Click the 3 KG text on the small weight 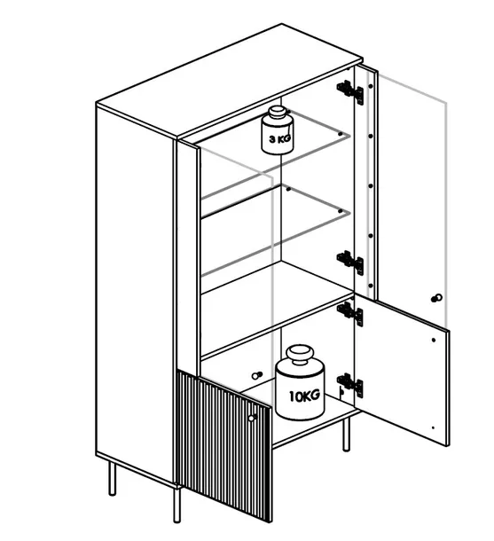279,139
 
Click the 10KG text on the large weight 304,396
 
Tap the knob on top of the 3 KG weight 278,112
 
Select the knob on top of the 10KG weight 300,354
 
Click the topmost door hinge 350,91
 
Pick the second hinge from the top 350,263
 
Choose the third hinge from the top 350,314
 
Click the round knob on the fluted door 252,419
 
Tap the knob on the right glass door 436,298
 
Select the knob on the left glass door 256,375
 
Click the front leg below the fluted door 177,505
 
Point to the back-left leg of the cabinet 112,479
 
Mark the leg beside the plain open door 346,435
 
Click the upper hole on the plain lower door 434,341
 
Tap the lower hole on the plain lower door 434,427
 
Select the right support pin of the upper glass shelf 341,134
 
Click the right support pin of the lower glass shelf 341,211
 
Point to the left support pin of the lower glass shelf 288,189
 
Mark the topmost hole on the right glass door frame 371,86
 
